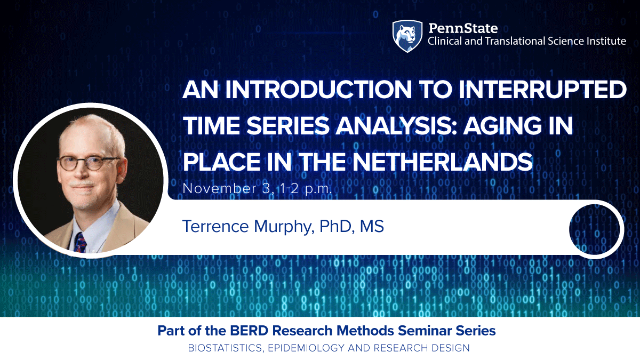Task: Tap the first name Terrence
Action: (214, 226)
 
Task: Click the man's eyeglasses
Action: (88, 163)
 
